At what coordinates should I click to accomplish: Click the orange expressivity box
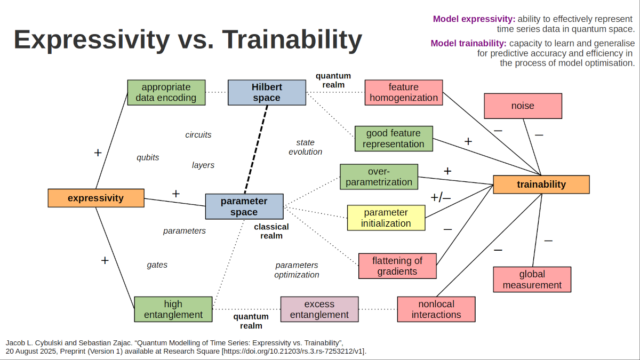(96, 198)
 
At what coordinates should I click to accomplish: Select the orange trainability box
(541, 185)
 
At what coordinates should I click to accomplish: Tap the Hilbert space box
(267, 92)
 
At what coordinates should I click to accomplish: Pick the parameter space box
(244, 206)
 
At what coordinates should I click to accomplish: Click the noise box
(523, 106)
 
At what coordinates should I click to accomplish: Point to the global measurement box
(532, 279)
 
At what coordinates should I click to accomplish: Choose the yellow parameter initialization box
(386, 218)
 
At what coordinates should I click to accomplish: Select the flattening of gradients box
(397, 266)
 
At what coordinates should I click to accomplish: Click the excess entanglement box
(319, 309)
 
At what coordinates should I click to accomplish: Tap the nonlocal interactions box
(436, 309)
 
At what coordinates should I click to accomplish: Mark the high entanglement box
(173, 309)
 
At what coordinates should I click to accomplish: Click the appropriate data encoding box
(166, 92)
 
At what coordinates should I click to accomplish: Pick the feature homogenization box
(404, 92)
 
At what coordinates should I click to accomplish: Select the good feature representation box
(394, 139)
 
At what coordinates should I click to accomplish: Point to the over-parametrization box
(379, 177)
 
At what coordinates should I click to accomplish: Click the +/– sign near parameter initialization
(441, 198)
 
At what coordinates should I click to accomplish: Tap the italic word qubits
(148, 157)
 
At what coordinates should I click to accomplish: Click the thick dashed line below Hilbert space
(256, 149)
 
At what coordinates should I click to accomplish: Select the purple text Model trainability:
(468, 43)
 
